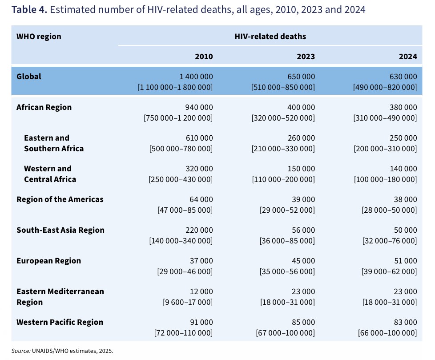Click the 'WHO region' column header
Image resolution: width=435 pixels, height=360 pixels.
click(x=39, y=36)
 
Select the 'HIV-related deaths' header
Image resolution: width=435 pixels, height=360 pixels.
click(x=270, y=36)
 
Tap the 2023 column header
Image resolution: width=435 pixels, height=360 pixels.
click(x=306, y=57)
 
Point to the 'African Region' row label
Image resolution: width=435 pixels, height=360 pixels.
click(x=44, y=107)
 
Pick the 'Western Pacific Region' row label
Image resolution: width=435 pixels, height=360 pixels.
click(x=60, y=322)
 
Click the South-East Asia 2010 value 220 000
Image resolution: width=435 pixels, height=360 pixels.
click(x=199, y=230)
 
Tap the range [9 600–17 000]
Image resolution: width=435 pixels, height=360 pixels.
click(x=188, y=302)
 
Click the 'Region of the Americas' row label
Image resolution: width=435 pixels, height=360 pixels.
click(x=60, y=199)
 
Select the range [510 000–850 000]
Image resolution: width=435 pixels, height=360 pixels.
click(x=283, y=87)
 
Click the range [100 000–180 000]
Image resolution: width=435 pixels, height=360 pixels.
click(x=385, y=179)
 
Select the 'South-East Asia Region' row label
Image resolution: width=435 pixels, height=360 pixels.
click(x=60, y=230)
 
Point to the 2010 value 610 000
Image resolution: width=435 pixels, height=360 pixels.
click(x=199, y=138)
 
